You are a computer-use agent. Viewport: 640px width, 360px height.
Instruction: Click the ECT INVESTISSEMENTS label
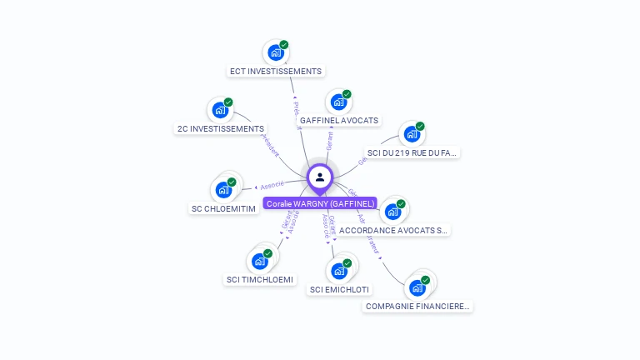[x=276, y=72]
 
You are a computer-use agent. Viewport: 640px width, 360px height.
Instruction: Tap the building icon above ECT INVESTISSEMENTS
[x=275, y=53]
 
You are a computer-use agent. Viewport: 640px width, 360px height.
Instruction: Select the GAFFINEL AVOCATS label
[x=338, y=121]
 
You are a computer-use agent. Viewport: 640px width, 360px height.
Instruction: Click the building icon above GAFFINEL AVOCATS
[x=337, y=102]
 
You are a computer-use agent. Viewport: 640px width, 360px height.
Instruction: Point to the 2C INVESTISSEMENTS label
[x=221, y=129]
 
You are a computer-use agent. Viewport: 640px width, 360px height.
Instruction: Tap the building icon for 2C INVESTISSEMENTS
[x=220, y=110]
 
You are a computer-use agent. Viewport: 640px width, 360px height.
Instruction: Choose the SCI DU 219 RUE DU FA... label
[x=412, y=153]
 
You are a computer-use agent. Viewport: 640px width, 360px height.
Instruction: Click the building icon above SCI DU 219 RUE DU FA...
[x=411, y=134]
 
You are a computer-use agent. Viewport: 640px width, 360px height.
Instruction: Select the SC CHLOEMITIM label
[x=223, y=208]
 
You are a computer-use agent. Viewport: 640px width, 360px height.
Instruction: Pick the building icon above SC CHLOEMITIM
[x=223, y=190]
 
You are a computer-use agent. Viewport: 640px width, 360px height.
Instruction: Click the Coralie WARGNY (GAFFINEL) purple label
[x=320, y=203]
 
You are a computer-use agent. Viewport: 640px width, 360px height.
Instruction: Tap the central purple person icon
[x=320, y=177]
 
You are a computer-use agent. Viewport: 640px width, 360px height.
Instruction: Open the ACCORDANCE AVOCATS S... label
[x=393, y=230]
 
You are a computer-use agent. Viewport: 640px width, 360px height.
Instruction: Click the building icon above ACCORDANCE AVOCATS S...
[x=392, y=212]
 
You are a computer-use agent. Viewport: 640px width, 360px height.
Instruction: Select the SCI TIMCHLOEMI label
[x=260, y=280]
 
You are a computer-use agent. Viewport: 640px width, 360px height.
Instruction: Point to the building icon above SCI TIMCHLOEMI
[x=259, y=262]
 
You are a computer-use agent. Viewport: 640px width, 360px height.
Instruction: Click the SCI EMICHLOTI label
[x=340, y=290]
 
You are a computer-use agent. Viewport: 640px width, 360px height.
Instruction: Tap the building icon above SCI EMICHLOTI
[x=338, y=271]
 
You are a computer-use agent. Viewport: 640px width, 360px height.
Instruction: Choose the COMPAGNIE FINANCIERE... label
[x=417, y=307]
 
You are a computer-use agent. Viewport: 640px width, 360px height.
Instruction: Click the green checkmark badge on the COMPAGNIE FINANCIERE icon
[x=425, y=281]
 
